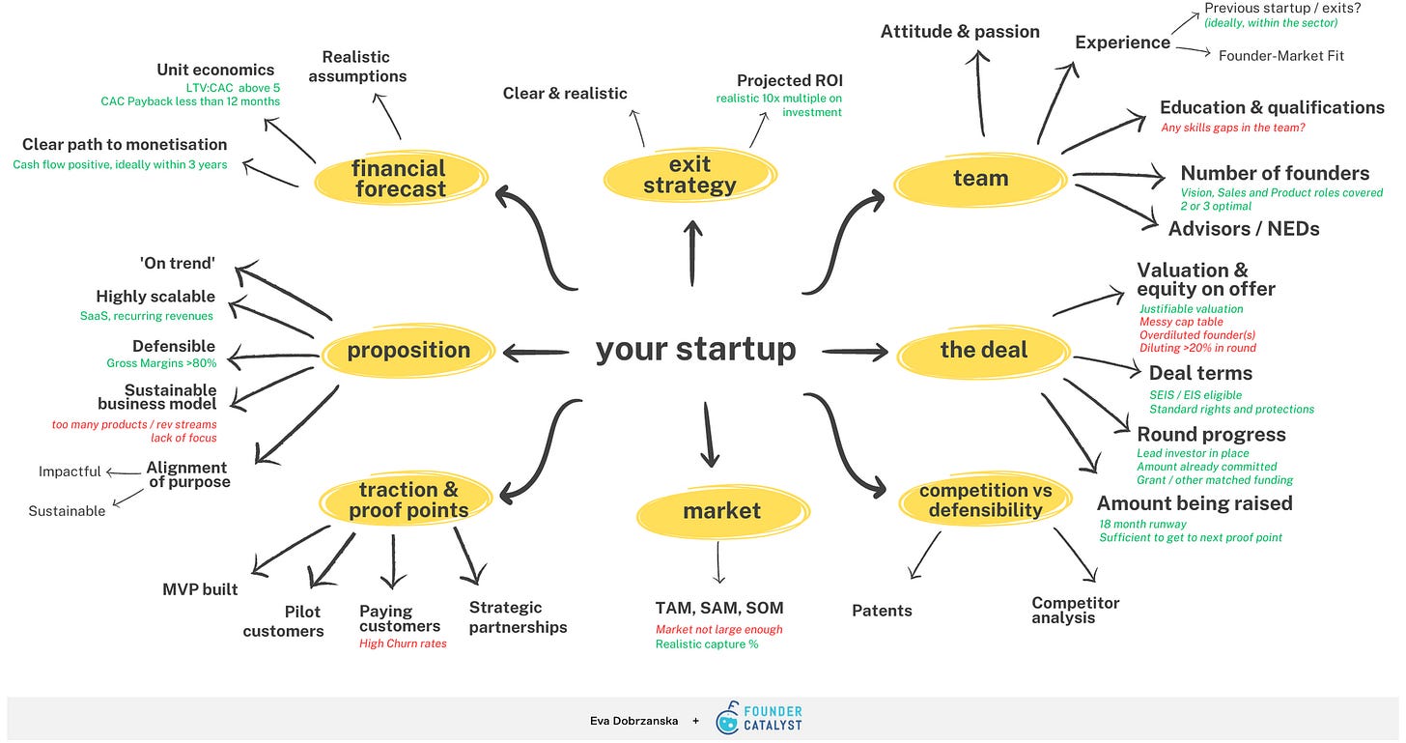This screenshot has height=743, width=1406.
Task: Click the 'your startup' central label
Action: pos(695,349)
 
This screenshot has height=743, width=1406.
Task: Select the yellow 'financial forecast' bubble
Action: pos(399,179)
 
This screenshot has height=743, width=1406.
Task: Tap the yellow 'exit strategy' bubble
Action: pos(689,175)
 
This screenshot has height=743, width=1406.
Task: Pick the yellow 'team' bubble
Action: pos(980,179)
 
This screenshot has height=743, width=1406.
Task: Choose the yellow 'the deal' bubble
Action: pos(984,350)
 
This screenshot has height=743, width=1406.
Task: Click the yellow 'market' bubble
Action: pos(721,511)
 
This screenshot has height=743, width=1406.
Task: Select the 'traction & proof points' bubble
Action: pos(408,500)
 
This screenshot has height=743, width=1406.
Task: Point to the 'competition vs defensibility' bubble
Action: pos(985,500)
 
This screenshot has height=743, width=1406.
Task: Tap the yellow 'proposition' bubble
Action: pos(408,350)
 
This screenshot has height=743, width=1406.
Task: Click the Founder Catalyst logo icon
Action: pos(728,720)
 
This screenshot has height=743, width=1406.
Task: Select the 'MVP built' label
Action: pos(200,589)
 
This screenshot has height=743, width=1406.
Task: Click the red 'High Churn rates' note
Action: pos(403,643)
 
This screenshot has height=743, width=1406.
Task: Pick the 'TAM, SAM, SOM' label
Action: pos(719,608)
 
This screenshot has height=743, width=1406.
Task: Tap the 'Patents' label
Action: pos(882,611)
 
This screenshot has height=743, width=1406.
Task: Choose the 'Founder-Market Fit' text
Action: pos(1280,55)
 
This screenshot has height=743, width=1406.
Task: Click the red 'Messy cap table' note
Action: pos(1181,322)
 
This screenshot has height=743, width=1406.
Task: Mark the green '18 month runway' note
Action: pos(1142,524)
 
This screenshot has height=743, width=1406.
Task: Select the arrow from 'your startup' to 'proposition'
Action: pos(536,354)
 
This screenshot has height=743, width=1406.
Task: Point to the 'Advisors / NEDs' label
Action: pos(1243,229)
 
